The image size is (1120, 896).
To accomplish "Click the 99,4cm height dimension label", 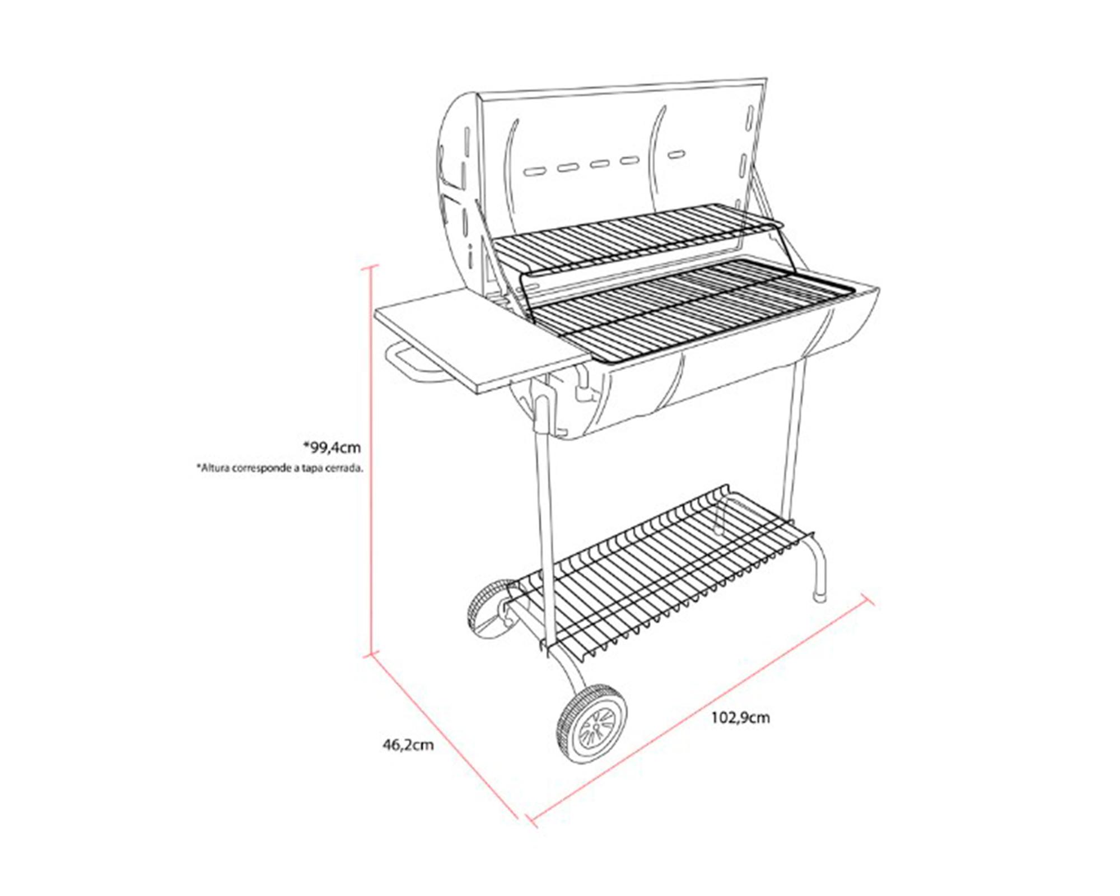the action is (332, 447).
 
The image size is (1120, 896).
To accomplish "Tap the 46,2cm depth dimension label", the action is (408, 745).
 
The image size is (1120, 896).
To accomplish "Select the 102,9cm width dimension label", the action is (740, 717).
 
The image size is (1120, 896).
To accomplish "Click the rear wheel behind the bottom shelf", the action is (488, 608).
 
